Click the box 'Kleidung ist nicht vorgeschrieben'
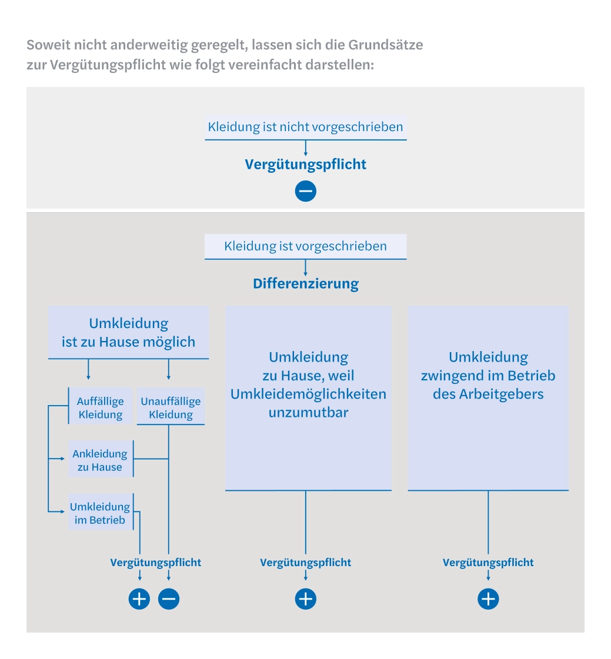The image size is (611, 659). pos(305,126)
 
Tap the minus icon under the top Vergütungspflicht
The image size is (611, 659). pos(305,191)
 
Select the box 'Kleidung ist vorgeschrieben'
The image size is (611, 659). pos(305,246)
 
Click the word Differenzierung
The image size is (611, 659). pos(305,283)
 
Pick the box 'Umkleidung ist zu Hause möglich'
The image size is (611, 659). pos(128,333)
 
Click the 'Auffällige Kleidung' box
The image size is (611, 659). pos(100,408)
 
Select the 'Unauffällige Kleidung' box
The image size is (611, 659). pos(171,408)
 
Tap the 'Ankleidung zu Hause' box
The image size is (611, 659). pos(100,460)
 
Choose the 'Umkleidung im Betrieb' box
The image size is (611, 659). pos(100,513)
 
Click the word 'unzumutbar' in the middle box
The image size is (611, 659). pos(308,412)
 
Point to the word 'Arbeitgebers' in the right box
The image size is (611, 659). pos(488,394)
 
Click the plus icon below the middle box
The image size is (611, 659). pos(305,599)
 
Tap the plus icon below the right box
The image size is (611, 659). pos(488,599)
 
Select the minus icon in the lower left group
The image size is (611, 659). pos(169,599)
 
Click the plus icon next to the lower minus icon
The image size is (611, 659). pos(139,599)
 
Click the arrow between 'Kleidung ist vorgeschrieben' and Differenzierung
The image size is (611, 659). pos(305,268)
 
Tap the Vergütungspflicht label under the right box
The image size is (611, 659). pos(488,563)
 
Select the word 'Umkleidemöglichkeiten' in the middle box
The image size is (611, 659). pos(308,394)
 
